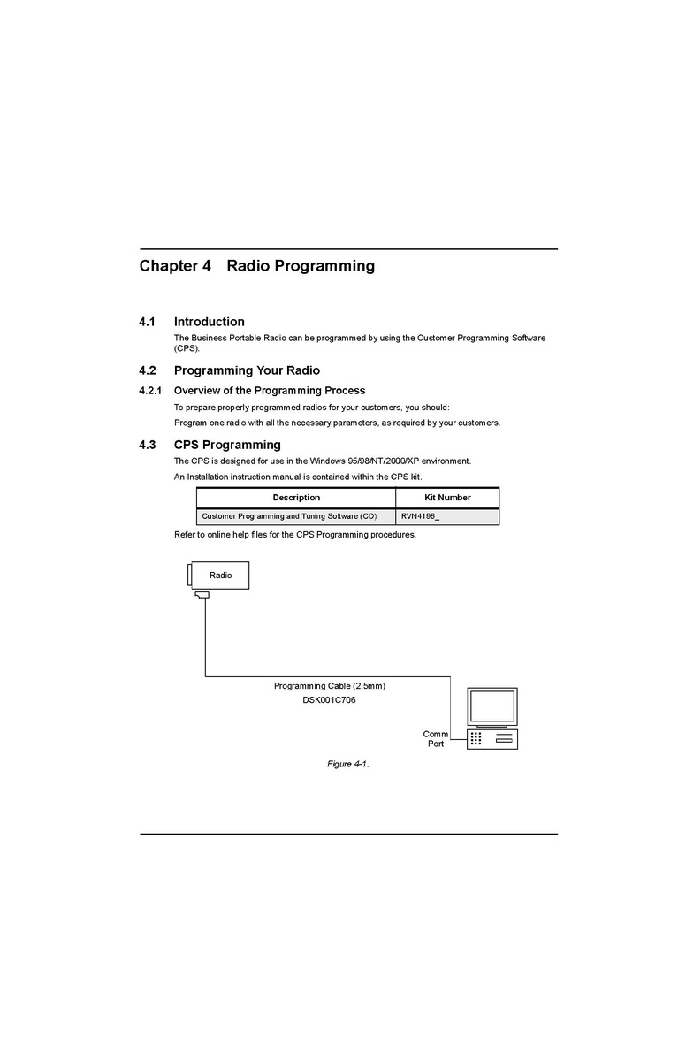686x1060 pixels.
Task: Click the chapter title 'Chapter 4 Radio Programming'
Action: click(256, 266)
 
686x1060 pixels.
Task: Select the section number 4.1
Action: click(147, 322)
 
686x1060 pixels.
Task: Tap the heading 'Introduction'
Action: click(210, 322)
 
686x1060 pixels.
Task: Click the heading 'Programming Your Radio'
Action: click(247, 370)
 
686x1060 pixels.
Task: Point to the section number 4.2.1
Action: click(150, 391)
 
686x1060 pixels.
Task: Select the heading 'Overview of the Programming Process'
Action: click(270, 391)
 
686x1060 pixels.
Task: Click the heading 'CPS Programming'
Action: click(227, 445)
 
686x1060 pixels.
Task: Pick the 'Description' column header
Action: click(296, 498)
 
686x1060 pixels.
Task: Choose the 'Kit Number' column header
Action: click(447, 498)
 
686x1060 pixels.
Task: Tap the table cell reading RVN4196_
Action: click(420, 516)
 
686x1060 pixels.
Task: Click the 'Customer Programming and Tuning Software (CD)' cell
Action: click(289, 516)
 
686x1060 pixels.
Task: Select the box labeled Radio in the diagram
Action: click(220, 576)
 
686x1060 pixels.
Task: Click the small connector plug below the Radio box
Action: click(203, 596)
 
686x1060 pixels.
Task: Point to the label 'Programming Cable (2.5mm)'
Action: click(329, 686)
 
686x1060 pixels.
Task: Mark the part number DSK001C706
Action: click(329, 700)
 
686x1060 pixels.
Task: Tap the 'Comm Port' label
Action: click(436, 739)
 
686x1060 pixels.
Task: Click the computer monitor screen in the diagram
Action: click(492, 705)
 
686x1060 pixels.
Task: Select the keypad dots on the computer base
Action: click(476, 738)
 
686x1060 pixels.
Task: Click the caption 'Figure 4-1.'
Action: click(347, 764)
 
